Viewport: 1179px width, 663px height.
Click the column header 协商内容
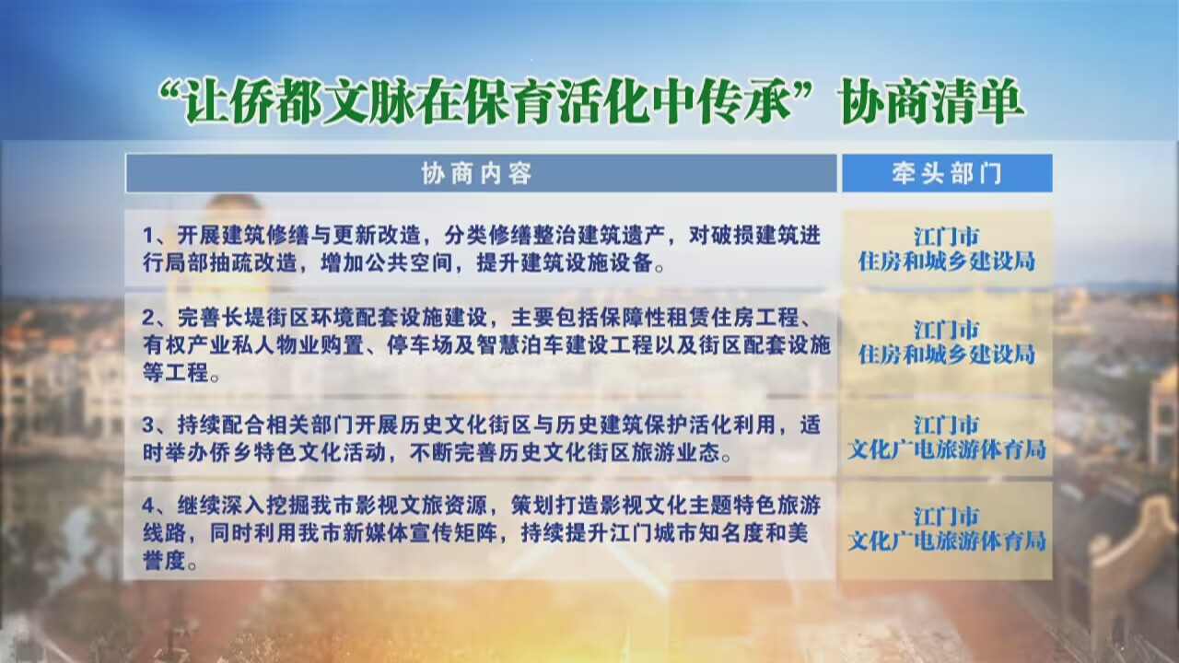pos(476,173)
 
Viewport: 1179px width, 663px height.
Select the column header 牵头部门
pos(947,173)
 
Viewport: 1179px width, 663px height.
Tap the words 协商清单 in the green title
pos(932,102)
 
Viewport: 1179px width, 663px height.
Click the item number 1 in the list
pos(148,237)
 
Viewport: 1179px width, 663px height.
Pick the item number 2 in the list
pos(148,318)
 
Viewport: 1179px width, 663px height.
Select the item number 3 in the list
pos(148,425)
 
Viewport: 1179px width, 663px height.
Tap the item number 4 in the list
pos(148,506)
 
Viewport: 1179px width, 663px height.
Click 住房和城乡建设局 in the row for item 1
pos(947,262)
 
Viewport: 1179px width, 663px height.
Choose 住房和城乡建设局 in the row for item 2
pos(947,355)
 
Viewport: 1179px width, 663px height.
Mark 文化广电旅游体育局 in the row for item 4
pos(947,541)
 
